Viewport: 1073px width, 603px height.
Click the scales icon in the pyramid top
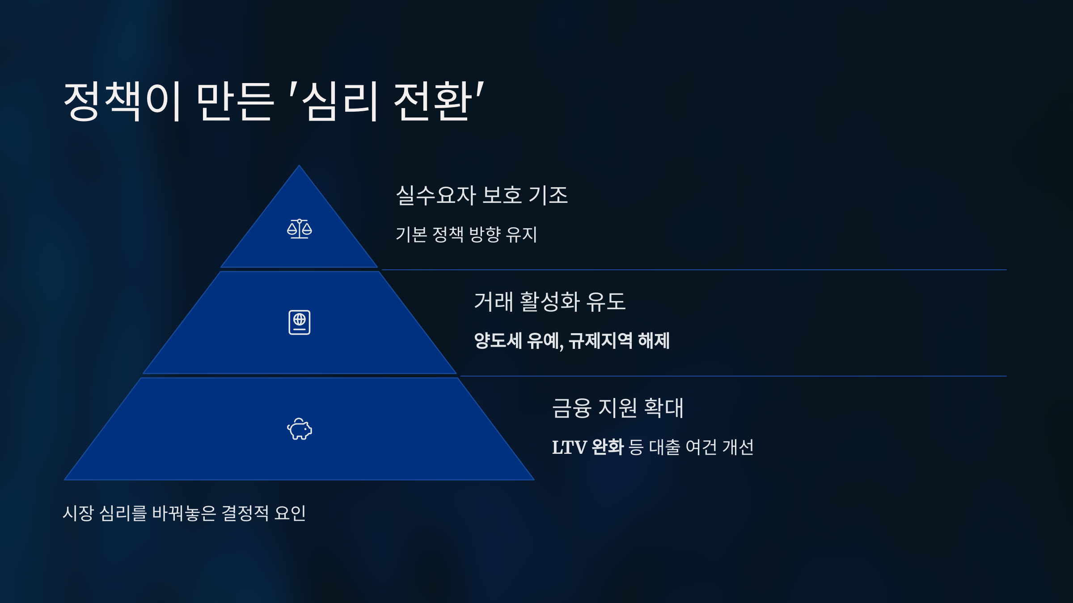point(299,229)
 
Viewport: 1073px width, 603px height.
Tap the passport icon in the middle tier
point(299,322)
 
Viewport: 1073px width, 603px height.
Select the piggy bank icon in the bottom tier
point(299,429)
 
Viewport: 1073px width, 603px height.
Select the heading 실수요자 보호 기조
point(482,195)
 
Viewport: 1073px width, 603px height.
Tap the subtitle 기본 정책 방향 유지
point(466,234)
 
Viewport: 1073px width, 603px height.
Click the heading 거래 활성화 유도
point(549,301)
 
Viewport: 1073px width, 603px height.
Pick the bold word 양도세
point(498,341)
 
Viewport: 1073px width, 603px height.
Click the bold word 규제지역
point(600,341)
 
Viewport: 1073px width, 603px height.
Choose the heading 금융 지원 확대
point(618,408)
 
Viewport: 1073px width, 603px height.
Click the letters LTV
point(569,447)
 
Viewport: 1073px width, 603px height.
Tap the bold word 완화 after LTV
point(607,447)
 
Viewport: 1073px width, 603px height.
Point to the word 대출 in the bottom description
point(664,447)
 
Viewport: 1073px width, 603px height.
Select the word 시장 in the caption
point(78,513)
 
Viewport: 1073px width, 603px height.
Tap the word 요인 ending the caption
point(290,513)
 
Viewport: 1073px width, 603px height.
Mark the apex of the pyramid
point(299,167)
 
